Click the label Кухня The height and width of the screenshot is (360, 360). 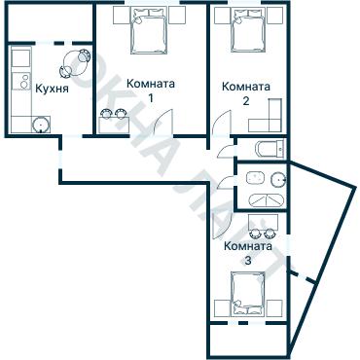click(51, 88)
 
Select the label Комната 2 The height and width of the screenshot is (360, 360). click(246, 92)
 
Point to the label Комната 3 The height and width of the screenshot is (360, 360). click(247, 252)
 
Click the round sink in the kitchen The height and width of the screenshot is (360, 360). click(40, 124)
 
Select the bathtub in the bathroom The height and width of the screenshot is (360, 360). click(267, 150)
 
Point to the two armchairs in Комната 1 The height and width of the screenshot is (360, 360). click(113, 115)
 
